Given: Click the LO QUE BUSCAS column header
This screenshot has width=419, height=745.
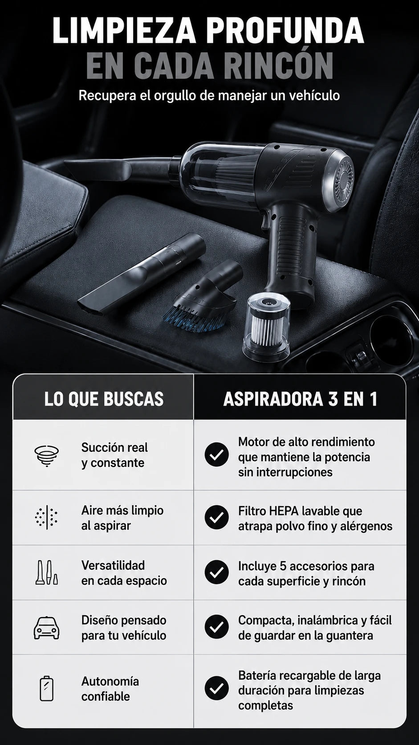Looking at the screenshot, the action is tap(104, 399).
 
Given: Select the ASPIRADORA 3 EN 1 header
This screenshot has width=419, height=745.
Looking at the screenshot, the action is tap(300, 399).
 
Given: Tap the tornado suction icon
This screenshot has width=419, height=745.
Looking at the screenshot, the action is tap(47, 455).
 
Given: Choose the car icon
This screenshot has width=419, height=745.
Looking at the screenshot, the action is tap(47, 628).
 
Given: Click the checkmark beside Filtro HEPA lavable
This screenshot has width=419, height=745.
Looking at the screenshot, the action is tap(217, 517).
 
